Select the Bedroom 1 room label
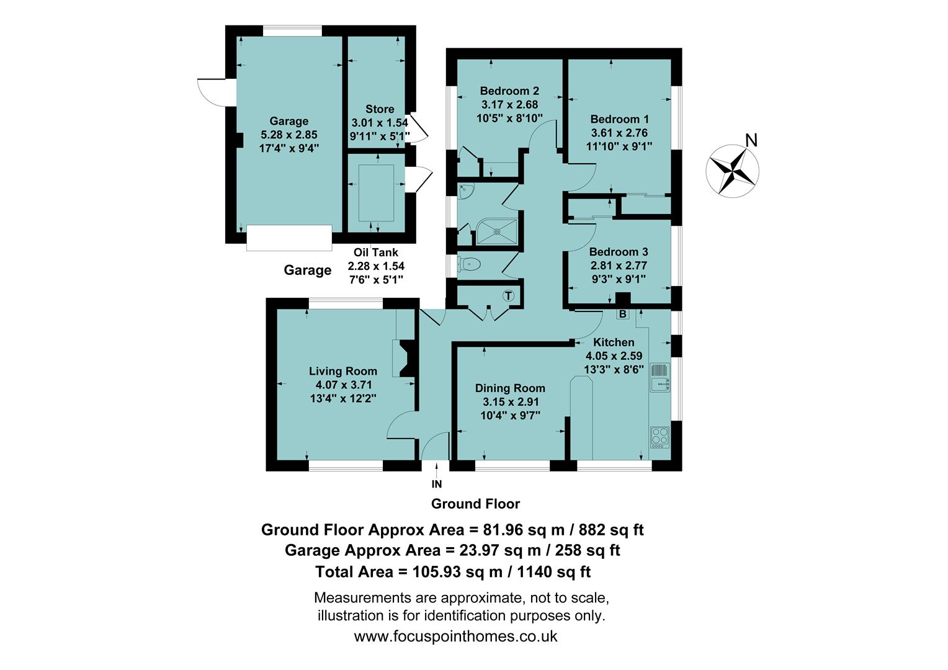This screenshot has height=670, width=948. pyautogui.click(x=619, y=119)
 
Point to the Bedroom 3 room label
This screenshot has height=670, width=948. pyautogui.click(x=618, y=252)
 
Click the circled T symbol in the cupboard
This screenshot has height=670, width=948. pyautogui.click(x=509, y=296)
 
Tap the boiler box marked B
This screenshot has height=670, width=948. pyautogui.click(x=622, y=314)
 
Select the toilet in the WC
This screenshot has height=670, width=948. pyautogui.click(x=469, y=264)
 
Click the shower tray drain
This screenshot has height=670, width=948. pyautogui.click(x=497, y=231)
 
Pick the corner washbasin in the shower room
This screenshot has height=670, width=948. pyautogui.click(x=465, y=191)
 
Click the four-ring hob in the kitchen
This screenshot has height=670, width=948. pyautogui.click(x=660, y=437)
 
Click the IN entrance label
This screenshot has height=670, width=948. pyautogui.click(x=437, y=484)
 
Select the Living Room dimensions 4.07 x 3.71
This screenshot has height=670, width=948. pyautogui.click(x=343, y=385)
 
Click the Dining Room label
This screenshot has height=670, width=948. pyautogui.click(x=510, y=388)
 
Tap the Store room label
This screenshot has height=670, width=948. pyautogui.click(x=380, y=109)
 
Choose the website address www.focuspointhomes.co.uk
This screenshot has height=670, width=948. pyautogui.click(x=455, y=636)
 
